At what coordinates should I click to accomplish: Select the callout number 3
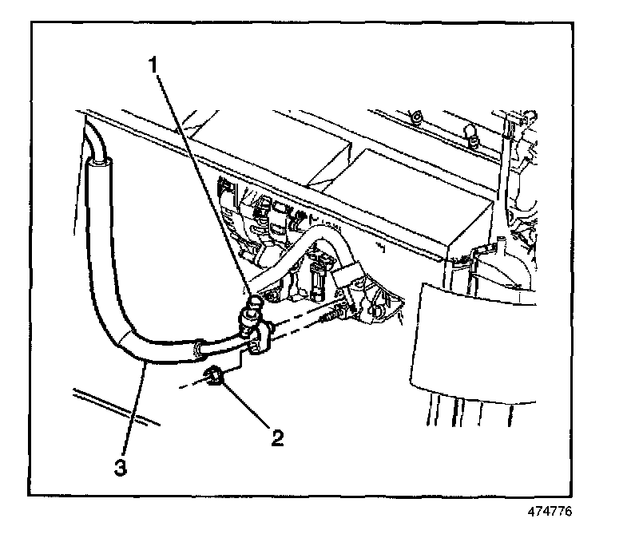point(120,468)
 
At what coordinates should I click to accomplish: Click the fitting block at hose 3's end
point(260,338)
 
